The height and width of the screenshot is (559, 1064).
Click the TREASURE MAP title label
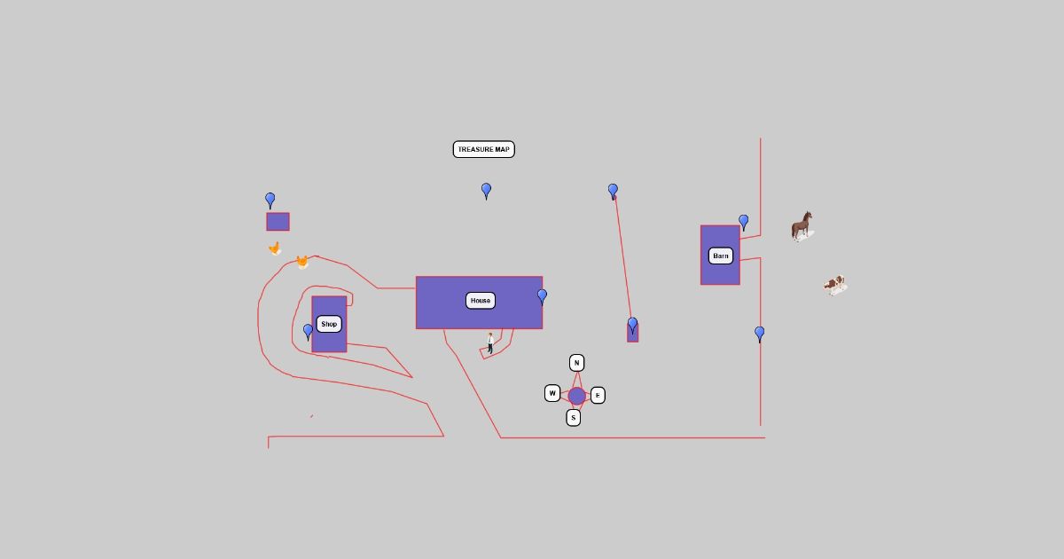coord(483,149)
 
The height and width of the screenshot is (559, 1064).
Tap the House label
coord(480,301)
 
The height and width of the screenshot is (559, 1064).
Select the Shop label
coord(329,324)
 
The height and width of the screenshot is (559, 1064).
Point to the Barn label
coord(721,256)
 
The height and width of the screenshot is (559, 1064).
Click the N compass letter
coord(576,363)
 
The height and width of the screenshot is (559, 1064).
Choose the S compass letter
coord(573,417)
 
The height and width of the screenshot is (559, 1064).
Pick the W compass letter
coord(552,393)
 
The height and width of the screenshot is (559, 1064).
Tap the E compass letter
coord(598,395)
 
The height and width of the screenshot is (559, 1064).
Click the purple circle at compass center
coord(576,396)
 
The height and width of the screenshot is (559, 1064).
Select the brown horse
coord(802,226)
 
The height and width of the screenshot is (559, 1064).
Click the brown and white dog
coord(834,285)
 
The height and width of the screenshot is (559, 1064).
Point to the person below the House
coord(489,342)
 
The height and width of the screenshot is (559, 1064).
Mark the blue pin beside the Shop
coord(309,331)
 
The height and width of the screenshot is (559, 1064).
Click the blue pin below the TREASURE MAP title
coord(486,190)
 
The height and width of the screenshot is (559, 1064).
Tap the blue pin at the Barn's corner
coord(743,222)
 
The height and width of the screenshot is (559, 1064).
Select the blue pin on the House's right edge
coord(542,296)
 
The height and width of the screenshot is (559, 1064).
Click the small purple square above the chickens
coord(278,222)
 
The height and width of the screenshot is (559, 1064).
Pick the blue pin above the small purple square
coord(270,201)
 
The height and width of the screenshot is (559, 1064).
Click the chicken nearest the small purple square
coord(275,248)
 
